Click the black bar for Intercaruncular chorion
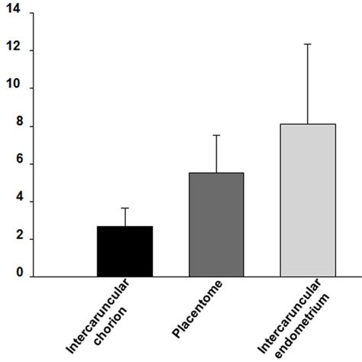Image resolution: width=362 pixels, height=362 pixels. (x=124, y=251)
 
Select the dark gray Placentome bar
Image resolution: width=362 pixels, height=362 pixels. (x=216, y=225)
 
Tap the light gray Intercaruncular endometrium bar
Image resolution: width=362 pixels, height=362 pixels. (x=308, y=200)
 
